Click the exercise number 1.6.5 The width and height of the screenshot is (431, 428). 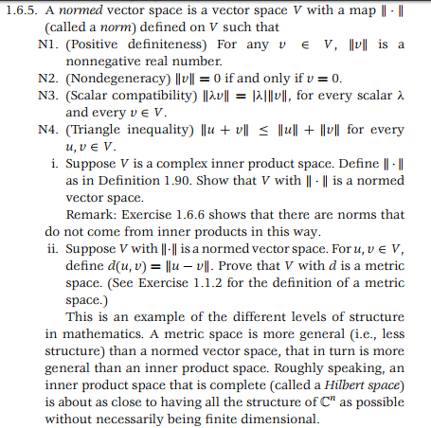pos(21,10)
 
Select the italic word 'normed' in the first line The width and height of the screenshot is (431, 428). pos(76,10)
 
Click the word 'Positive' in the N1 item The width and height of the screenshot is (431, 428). pos(101,45)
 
